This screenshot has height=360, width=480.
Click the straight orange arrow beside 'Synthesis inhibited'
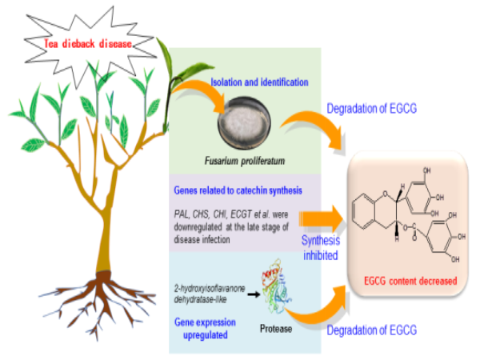[x=319, y=216]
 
